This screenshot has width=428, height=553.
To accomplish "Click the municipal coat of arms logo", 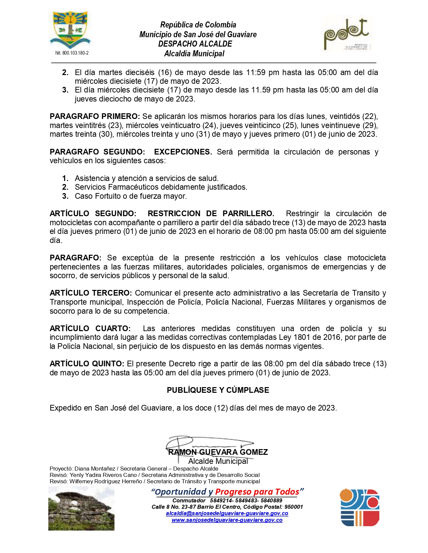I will (70, 30).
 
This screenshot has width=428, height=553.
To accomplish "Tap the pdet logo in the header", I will (346, 34).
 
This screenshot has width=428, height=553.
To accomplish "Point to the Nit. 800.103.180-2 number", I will (72, 53).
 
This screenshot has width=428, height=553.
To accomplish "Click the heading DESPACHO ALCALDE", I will (195, 44).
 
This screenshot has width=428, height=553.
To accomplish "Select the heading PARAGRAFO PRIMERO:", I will (95, 116).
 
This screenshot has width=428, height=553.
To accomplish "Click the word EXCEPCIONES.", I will (183, 152).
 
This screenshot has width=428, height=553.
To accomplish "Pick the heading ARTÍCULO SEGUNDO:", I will (93, 213).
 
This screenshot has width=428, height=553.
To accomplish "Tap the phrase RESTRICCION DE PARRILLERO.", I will (211, 213).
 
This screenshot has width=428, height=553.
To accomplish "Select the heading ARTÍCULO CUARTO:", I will (90, 328).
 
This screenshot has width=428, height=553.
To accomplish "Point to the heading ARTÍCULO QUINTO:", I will (87, 364).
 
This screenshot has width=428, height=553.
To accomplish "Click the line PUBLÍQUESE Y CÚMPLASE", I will (218, 390).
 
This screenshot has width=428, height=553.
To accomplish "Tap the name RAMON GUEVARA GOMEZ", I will (218, 452).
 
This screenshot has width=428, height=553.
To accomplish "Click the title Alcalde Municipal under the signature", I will (218, 461).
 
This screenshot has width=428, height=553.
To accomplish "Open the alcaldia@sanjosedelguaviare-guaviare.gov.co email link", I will (227, 513).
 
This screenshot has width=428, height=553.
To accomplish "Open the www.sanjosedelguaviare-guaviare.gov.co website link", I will (227, 520).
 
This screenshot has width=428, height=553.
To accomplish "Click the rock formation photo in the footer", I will (81, 508).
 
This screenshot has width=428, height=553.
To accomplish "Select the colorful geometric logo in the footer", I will (360, 507).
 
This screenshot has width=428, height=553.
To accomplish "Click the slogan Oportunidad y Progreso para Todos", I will (227, 492).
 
